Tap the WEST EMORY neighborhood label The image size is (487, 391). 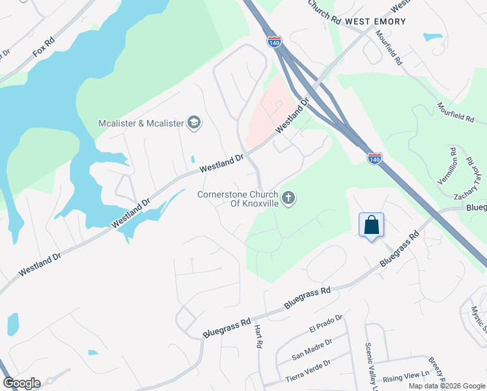pyautogui.click(x=375, y=22)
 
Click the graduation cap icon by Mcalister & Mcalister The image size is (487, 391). pyautogui.click(x=193, y=123)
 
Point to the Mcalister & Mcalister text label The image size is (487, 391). pyautogui.click(x=141, y=123)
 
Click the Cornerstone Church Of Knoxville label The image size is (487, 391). pyautogui.click(x=238, y=199)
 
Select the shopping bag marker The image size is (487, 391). pyautogui.click(x=371, y=225)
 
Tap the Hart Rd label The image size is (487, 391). pyautogui.click(x=258, y=335)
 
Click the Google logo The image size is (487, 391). pyautogui.click(x=21, y=383)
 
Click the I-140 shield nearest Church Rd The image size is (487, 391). pyautogui.click(x=274, y=41)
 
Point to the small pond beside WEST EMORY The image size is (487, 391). pyautogui.click(x=432, y=37)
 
